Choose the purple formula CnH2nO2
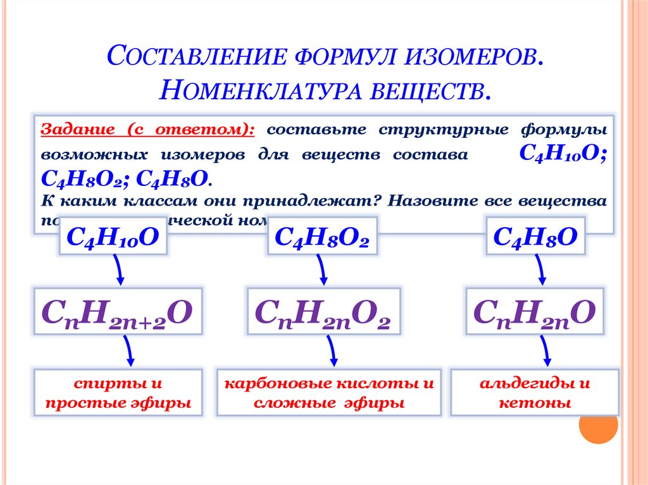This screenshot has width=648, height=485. point(322,312)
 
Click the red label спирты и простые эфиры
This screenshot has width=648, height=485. point(118,393)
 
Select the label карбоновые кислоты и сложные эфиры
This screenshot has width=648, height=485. point(329,393)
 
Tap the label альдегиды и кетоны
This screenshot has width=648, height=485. point(534,393)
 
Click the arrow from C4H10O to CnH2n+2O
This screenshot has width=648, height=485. point(119,271)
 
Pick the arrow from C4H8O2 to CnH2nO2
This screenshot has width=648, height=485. point(322,271)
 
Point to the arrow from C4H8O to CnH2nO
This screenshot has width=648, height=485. point(541,271)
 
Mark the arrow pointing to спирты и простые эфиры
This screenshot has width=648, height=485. point(128,350)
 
